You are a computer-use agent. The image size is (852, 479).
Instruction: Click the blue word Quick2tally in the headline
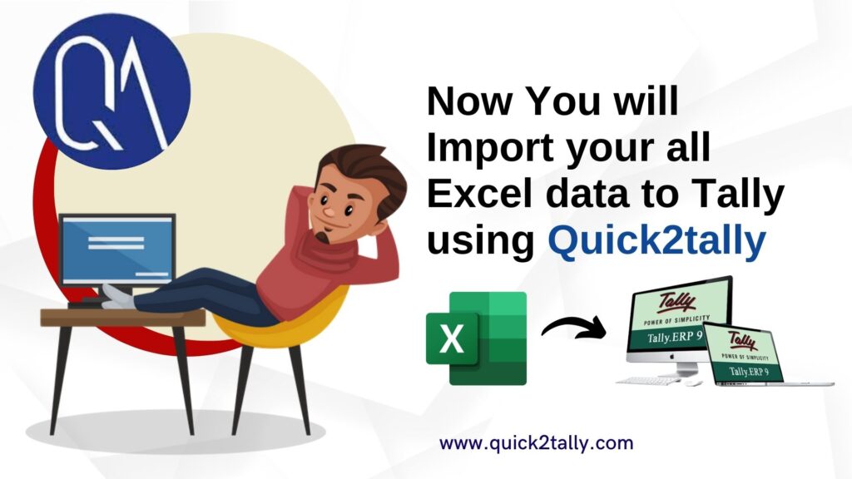656,240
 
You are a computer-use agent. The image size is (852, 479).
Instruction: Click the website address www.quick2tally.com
537,443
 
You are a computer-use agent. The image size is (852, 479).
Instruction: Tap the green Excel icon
477,338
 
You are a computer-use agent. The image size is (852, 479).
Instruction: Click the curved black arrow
574,326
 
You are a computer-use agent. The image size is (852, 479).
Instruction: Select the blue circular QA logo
112,91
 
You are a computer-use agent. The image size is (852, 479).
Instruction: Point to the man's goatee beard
323,237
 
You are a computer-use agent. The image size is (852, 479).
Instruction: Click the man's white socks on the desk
116,297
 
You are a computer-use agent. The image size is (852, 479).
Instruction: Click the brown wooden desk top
123,317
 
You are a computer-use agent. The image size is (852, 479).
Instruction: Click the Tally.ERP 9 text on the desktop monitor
674,338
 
